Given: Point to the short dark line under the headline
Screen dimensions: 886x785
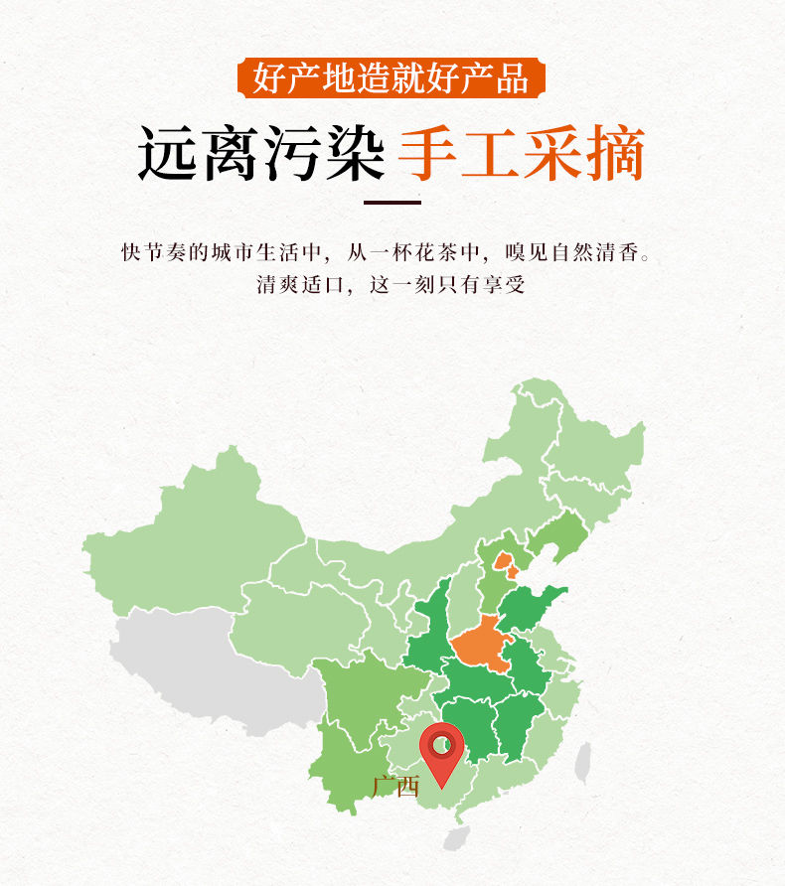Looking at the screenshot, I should click(x=392, y=202).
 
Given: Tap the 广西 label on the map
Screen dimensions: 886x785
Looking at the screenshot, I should click(x=395, y=787).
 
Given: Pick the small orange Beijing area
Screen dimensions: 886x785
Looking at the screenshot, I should click(x=506, y=564).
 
